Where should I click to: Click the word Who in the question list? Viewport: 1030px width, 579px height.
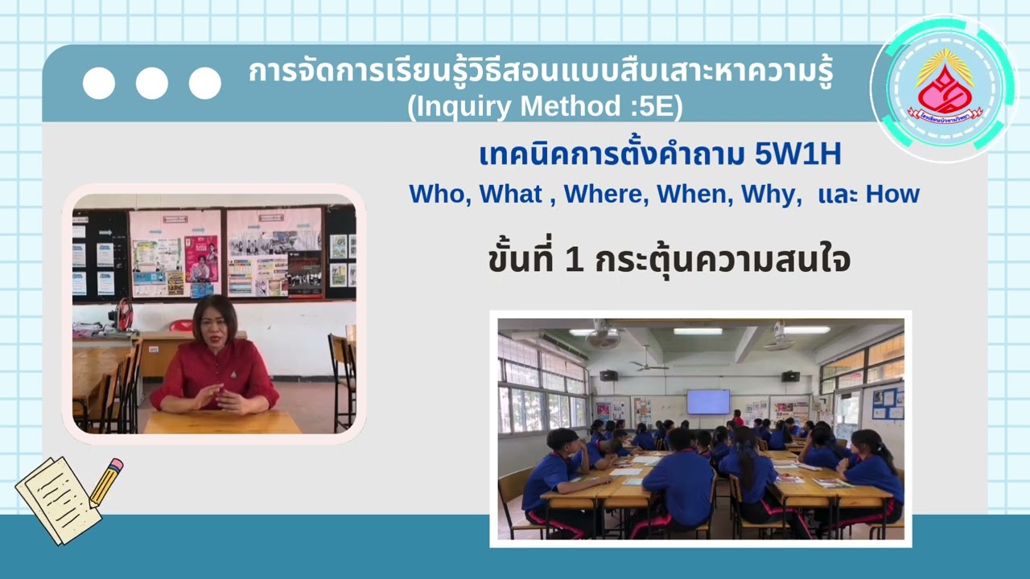(434, 194)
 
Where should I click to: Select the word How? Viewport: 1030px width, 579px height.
(892, 194)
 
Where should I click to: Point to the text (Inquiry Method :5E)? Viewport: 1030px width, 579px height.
(545, 106)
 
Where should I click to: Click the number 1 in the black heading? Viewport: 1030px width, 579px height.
(574, 260)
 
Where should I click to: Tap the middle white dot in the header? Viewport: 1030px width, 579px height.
(151, 83)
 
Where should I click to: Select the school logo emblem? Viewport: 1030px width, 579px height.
(944, 89)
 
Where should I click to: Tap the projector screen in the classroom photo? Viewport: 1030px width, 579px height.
(707, 401)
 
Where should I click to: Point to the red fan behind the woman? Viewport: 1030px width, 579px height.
(124, 315)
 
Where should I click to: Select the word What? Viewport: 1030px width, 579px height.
(510, 194)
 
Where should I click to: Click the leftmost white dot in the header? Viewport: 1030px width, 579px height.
(99, 83)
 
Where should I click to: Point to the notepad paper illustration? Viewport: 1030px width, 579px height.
(56, 499)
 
